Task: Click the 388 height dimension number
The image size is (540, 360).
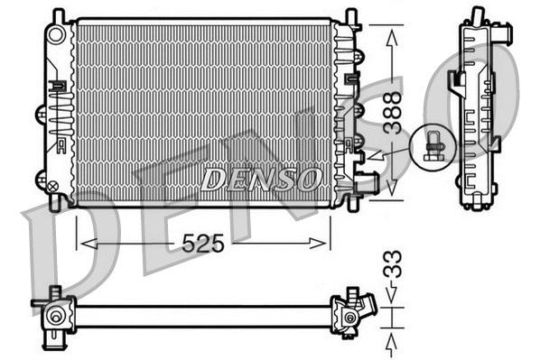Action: [x=390, y=112]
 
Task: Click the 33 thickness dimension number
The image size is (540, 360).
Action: [x=390, y=268]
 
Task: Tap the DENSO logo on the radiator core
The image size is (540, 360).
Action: [x=260, y=179]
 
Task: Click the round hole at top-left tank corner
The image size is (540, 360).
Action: [x=57, y=34]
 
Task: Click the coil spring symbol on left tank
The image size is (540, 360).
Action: [x=60, y=117]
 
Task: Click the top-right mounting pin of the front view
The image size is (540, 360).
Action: [x=349, y=15]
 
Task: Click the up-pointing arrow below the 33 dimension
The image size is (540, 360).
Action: [x=391, y=340]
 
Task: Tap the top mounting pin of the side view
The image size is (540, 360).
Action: [x=476, y=16]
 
